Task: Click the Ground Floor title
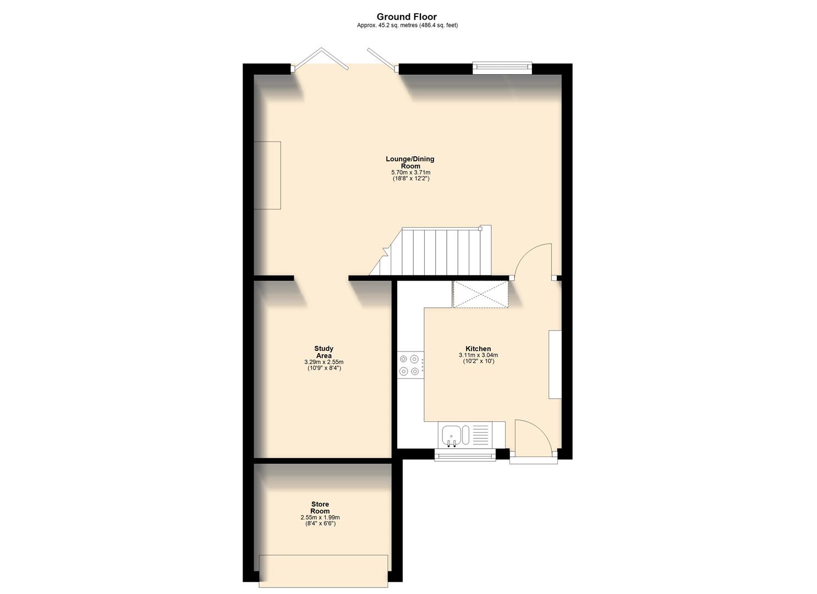click(407, 17)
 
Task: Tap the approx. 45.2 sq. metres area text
click(407, 25)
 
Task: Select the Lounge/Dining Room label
click(410, 162)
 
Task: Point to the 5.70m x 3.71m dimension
click(410, 173)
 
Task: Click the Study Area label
click(323, 352)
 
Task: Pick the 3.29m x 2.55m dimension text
click(323, 362)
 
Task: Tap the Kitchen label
click(478, 349)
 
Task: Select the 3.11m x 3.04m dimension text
click(478, 355)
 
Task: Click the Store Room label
click(320, 508)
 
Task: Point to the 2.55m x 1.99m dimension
click(320, 518)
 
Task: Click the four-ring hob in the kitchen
click(410, 365)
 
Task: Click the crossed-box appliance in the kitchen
click(480, 294)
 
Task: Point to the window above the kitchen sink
click(464, 455)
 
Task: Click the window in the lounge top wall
click(502, 69)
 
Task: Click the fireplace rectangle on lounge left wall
click(267, 175)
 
